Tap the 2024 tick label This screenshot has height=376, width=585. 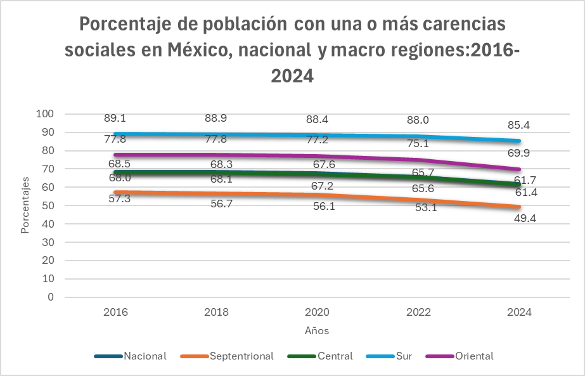click(519, 313)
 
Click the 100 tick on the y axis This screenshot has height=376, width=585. click(45, 114)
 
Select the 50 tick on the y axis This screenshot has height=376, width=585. click(48, 205)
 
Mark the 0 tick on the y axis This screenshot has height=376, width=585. click(51, 297)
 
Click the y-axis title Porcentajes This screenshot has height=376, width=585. click(25, 205)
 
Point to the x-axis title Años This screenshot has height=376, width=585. click(317, 331)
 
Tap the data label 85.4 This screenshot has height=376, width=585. click(519, 126)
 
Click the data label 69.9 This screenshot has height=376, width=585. click(519, 153)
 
